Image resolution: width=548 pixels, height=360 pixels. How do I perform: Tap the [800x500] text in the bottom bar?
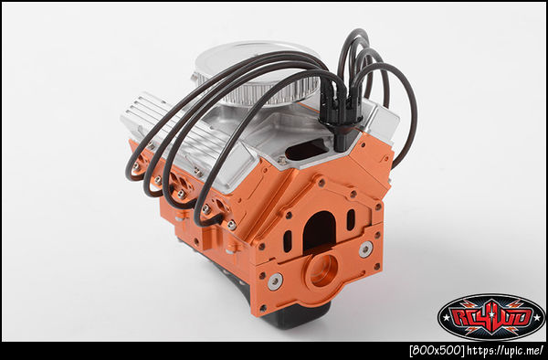[437, 351]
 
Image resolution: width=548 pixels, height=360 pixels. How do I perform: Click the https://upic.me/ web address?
[506, 350]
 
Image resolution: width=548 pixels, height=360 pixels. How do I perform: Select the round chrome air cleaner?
[257, 74]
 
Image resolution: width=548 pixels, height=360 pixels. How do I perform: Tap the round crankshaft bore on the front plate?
[321, 270]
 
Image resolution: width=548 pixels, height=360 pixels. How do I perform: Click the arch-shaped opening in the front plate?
[319, 230]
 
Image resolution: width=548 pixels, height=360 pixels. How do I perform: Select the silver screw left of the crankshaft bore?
[276, 281]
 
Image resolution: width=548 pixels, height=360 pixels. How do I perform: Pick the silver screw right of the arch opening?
[365, 249]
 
